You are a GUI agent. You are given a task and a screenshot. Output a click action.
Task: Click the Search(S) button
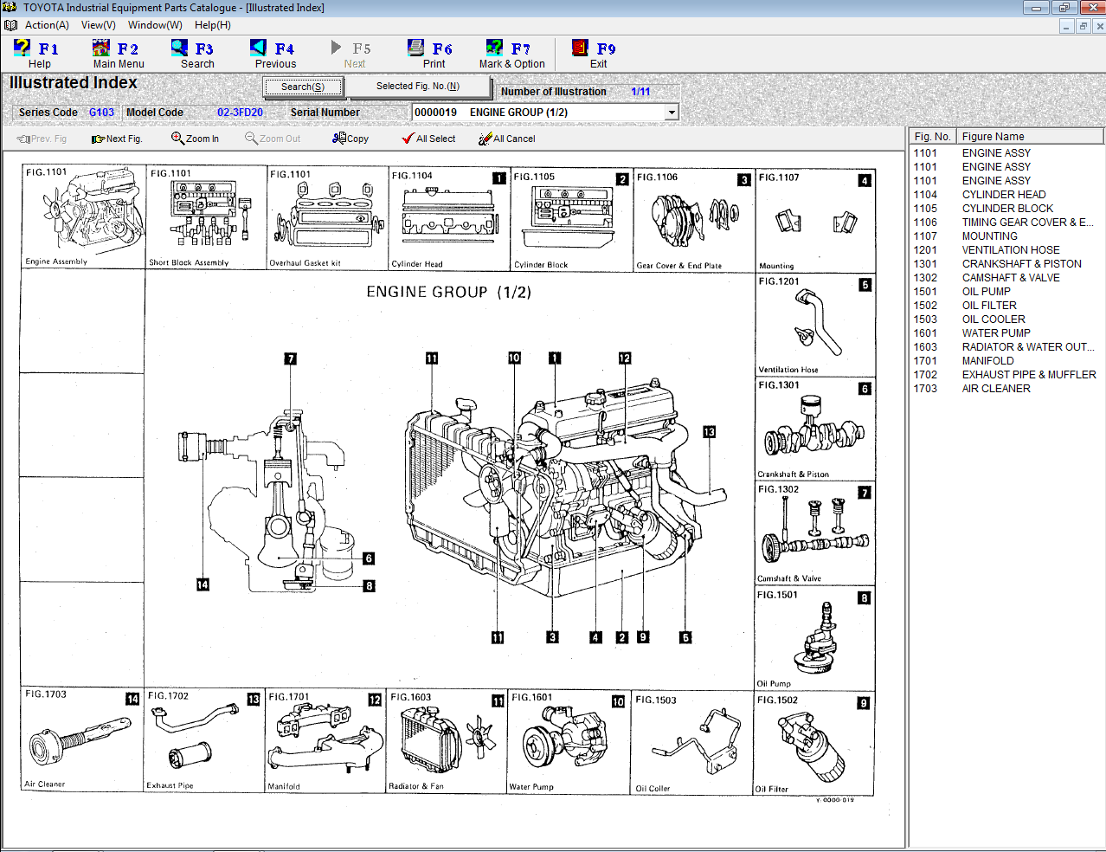(x=303, y=87)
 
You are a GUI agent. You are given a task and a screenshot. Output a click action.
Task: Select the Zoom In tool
(x=195, y=139)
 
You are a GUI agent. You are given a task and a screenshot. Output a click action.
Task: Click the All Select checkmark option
(x=428, y=139)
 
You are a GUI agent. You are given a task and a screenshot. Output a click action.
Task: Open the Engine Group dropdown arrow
(x=672, y=113)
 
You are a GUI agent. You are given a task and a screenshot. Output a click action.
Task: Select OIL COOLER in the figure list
(x=993, y=319)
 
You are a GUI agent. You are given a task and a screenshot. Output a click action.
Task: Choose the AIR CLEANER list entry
(x=995, y=389)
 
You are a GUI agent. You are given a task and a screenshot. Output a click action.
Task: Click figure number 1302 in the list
(x=925, y=278)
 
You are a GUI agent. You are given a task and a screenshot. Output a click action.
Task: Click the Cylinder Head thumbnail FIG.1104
(x=448, y=220)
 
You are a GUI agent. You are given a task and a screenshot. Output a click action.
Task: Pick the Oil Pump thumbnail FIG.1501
(x=813, y=638)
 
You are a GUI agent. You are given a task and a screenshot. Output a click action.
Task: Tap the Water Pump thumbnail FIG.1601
(x=569, y=742)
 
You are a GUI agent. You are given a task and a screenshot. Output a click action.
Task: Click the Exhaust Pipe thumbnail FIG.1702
(x=203, y=742)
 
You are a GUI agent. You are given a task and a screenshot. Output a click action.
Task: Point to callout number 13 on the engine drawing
(x=709, y=432)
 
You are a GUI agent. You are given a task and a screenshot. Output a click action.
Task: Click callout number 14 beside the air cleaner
(x=203, y=584)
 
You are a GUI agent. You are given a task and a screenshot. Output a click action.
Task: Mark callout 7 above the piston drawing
(x=291, y=358)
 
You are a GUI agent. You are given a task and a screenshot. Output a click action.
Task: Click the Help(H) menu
(x=212, y=25)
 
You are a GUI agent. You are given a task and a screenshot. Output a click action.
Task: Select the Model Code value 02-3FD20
(x=240, y=113)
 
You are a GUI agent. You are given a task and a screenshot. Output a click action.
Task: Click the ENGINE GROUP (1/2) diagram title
(x=448, y=292)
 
